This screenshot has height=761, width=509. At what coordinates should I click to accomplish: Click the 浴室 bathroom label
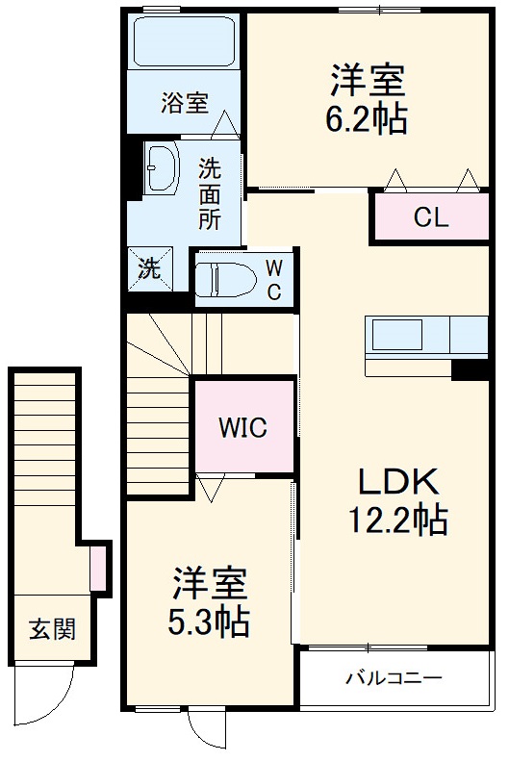click(x=184, y=102)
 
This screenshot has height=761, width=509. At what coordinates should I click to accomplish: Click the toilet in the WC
click(x=223, y=280)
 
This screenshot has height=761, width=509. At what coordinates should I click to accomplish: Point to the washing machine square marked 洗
click(x=148, y=269)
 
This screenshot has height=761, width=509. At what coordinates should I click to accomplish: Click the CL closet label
click(x=430, y=216)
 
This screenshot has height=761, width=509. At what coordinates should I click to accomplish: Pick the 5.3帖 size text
click(x=209, y=621)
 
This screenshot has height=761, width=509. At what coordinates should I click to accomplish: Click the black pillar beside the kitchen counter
click(x=470, y=369)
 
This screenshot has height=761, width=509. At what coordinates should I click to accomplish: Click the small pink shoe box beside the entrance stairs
click(x=97, y=569)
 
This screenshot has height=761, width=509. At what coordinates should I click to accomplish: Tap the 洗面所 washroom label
click(x=209, y=193)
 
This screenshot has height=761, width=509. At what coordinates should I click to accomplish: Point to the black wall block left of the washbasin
click(x=134, y=172)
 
